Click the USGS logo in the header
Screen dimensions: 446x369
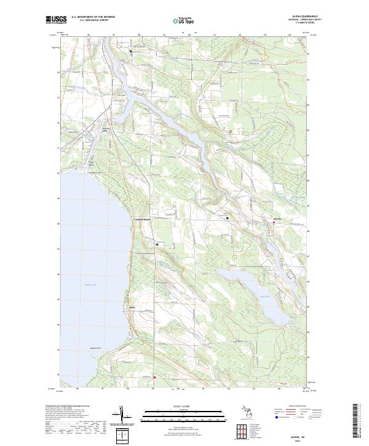pos(56,20)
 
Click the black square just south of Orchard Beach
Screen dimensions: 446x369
pos(157,244)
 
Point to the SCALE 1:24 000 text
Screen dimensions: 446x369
pos(178,406)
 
